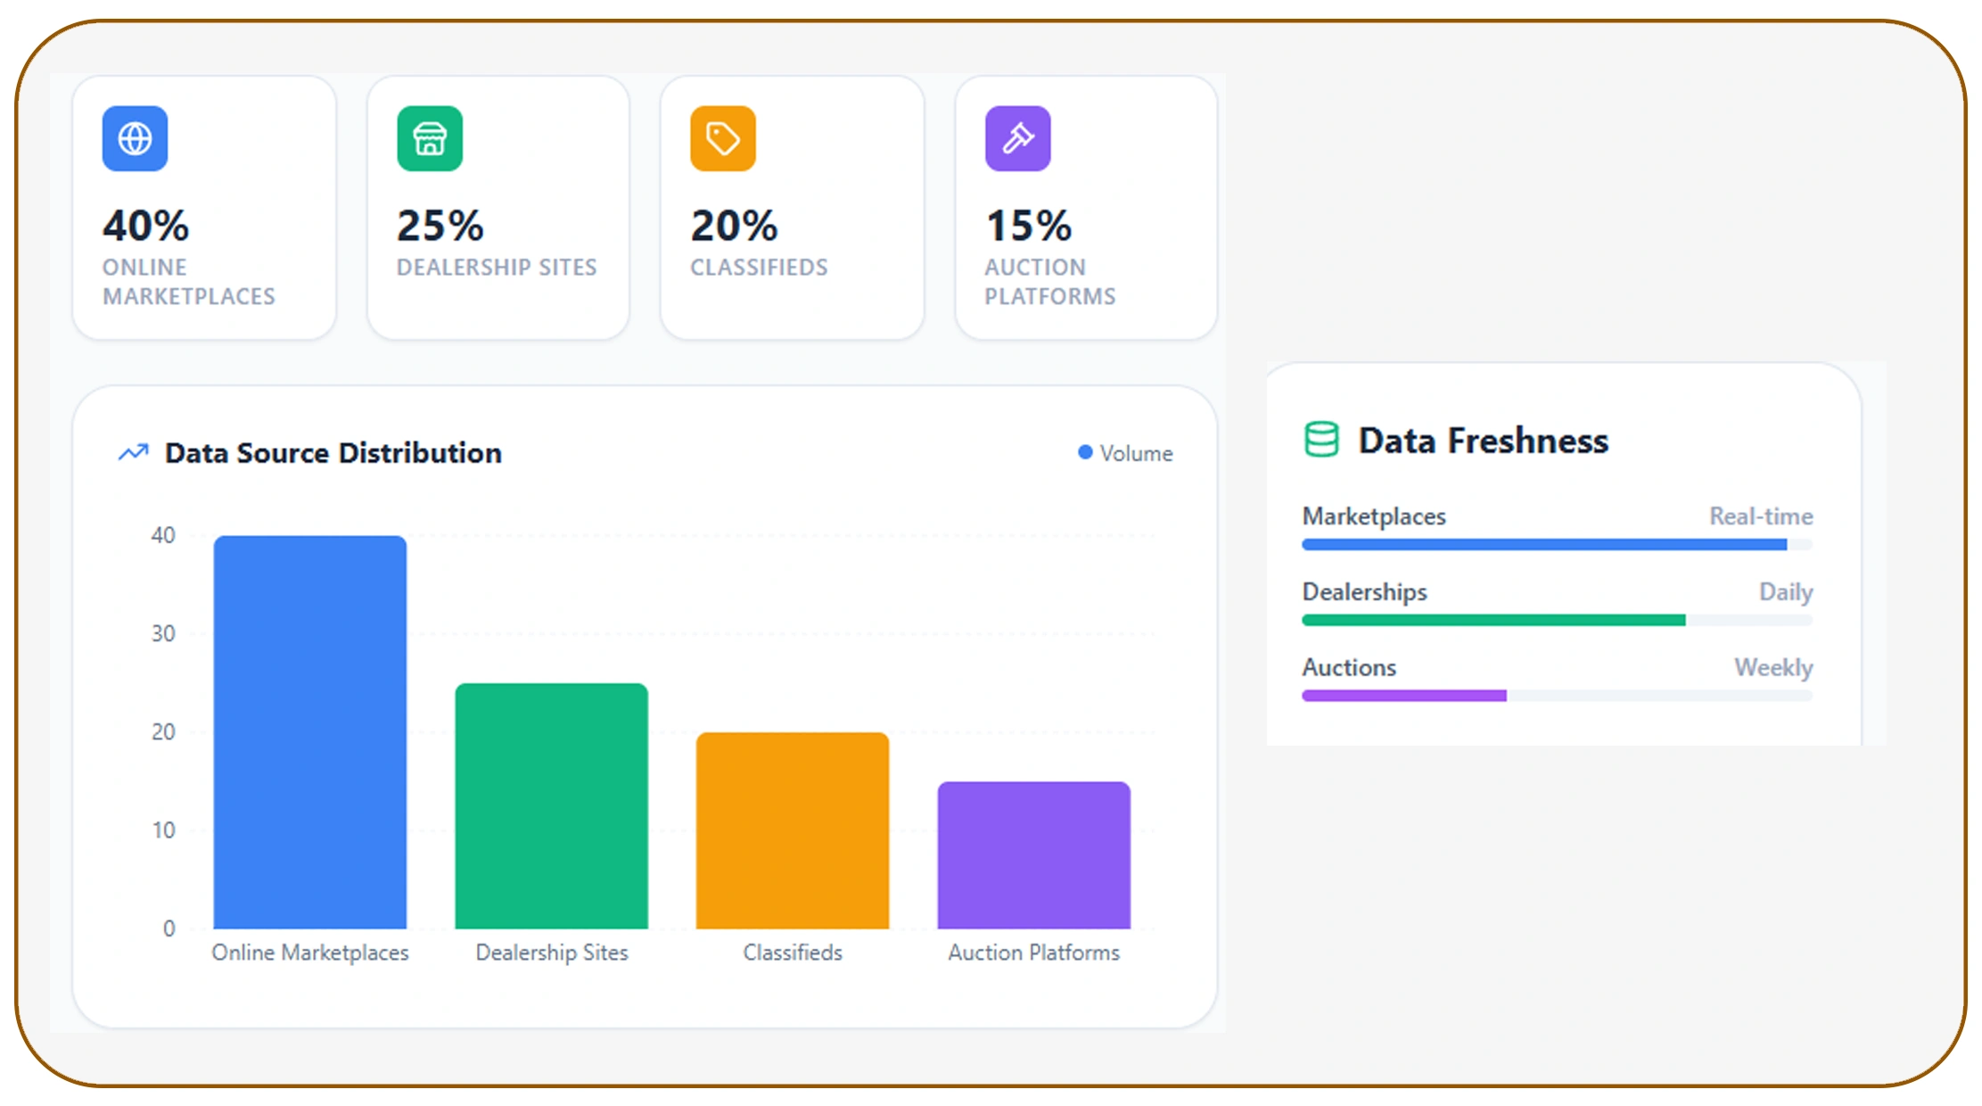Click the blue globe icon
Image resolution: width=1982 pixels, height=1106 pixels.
[135, 138]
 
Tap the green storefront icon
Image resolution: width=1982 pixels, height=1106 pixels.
[430, 138]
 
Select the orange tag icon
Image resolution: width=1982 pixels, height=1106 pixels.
[723, 138]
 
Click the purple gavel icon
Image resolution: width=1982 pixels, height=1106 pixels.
[1017, 138]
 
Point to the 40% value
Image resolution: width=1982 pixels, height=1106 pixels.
[145, 225]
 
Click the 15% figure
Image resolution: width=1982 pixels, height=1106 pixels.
[1028, 225]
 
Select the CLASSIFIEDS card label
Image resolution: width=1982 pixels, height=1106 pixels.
[759, 268]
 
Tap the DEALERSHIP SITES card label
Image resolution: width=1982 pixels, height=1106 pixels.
[497, 268]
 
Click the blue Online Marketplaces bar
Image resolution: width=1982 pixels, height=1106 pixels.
[310, 731]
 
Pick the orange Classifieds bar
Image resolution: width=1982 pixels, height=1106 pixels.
[793, 830]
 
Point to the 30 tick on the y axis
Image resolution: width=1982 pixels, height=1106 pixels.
[163, 633]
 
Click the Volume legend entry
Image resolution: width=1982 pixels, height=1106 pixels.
[1126, 453]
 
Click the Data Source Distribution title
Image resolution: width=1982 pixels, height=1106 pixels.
[333, 453]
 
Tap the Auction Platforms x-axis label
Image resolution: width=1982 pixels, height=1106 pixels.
[1033, 953]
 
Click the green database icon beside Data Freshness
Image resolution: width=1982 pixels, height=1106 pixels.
[1321, 440]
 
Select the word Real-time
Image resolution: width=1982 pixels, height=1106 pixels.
[1760, 516]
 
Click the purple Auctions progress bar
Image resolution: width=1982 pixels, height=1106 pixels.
[1404, 696]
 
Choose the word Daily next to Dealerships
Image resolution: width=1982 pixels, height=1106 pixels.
[1785, 592]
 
